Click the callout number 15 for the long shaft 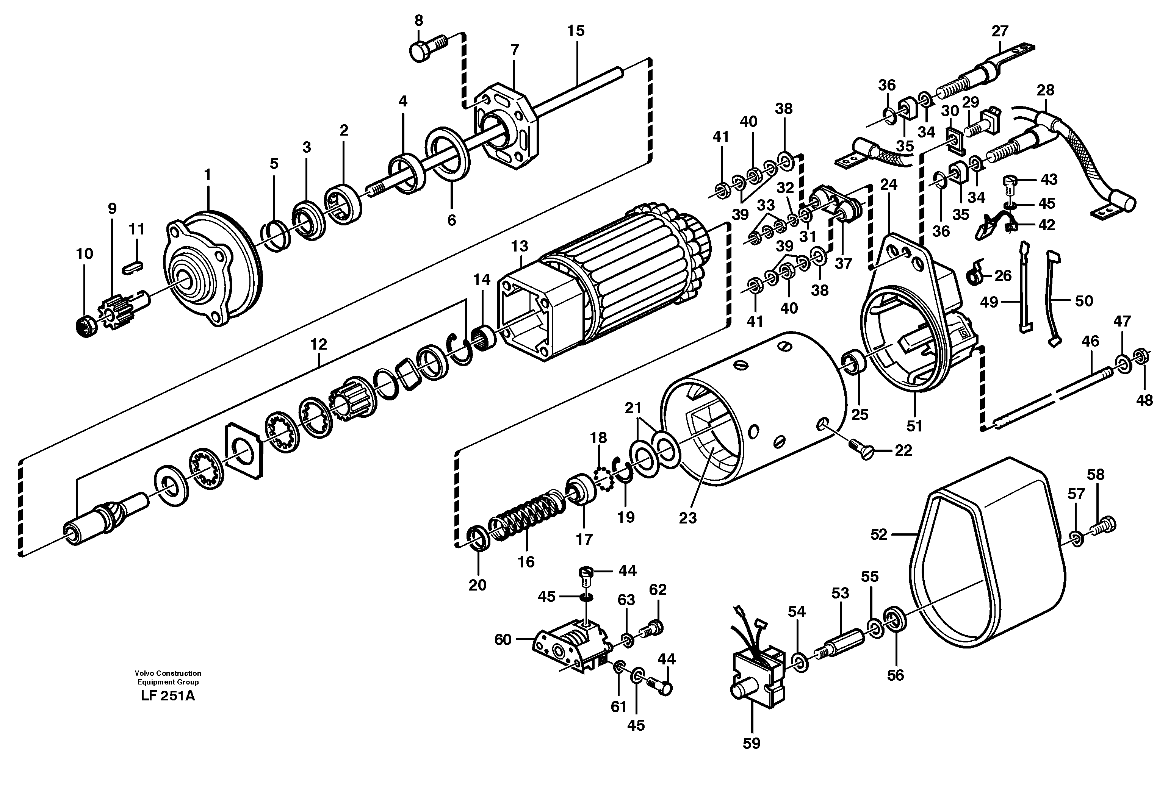click(x=576, y=31)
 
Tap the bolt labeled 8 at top click(x=426, y=48)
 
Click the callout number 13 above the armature click(x=520, y=246)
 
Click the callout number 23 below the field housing click(x=687, y=518)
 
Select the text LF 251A click(x=168, y=696)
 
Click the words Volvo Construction click(x=168, y=673)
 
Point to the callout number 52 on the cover click(x=878, y=534)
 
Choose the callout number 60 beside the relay click(x=503, y=640)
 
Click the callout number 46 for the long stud click(x=1090, y=341)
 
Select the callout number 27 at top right click(x=999, y=31)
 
